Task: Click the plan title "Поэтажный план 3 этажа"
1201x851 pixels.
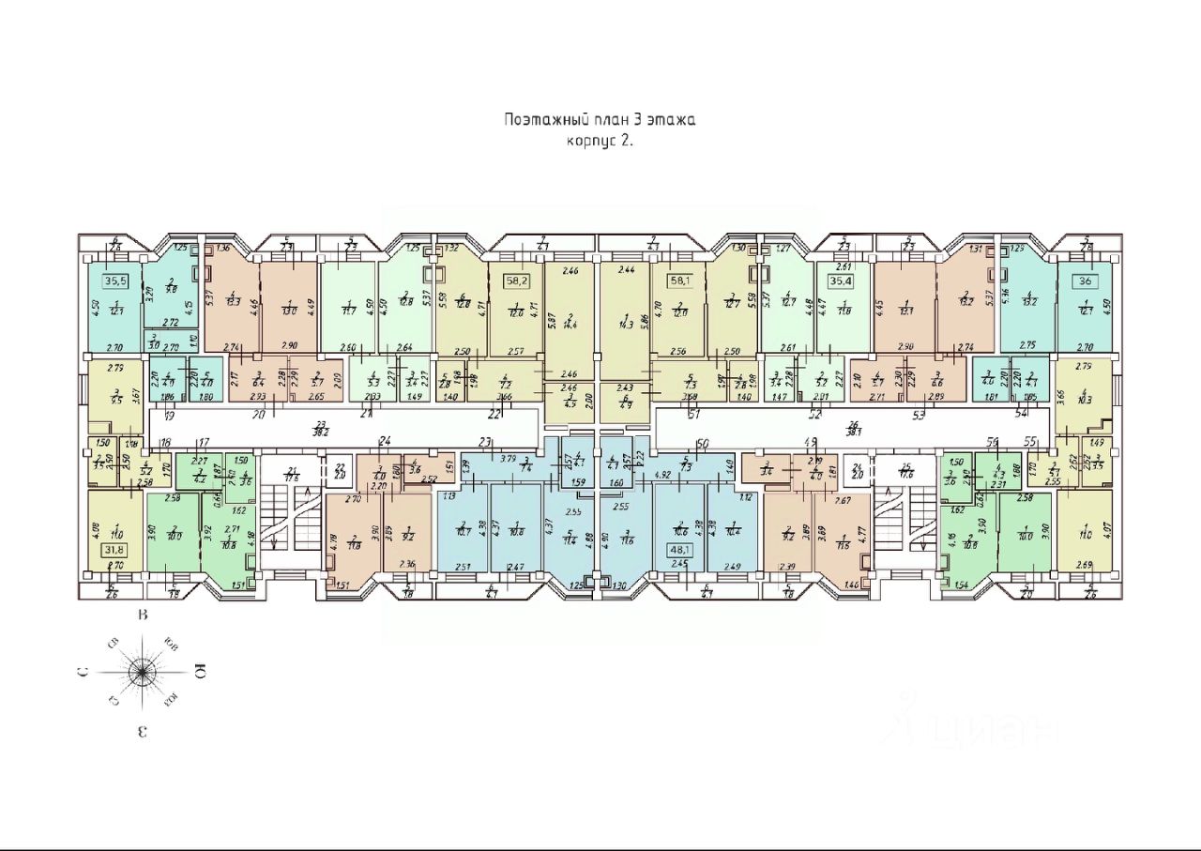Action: [x=600, y=120]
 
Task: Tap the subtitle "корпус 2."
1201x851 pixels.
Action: [x=600, y=142]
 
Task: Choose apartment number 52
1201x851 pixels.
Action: [x=815, y=413]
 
